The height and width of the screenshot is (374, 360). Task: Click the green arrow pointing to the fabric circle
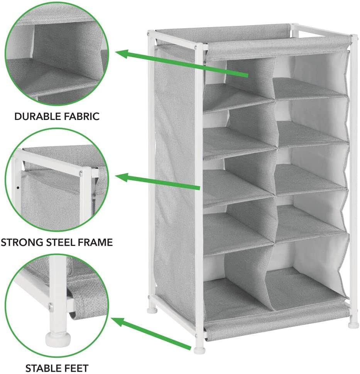click(x=182, y=64)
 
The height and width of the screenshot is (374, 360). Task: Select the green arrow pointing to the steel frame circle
click(x=157, y=182)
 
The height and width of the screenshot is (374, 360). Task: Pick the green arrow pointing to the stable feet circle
click(x=151, y=333)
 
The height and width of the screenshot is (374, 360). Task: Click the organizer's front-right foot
click(x=353, y=325)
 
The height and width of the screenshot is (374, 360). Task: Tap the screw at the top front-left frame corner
click(x=196, y=47)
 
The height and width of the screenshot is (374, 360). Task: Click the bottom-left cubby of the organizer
click(x=237, y=286)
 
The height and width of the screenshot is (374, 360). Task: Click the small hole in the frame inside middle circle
click(x=18, y=188)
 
